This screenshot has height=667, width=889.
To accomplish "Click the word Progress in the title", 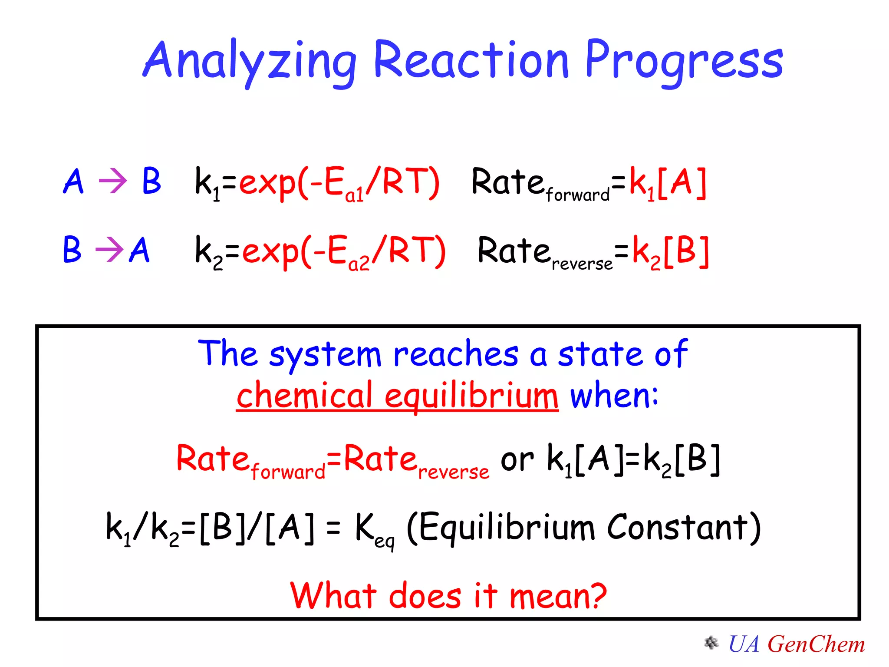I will click(x=684, y=61).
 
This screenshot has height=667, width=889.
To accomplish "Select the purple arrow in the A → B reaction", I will click(x=113, y=181).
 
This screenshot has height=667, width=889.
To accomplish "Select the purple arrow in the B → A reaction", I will click(x=109, y=250).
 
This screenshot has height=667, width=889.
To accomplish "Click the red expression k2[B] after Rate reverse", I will click(x=671, y=252).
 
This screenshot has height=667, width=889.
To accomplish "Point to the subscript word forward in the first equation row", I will click(x=577, y=195).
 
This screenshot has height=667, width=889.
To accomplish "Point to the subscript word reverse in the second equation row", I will click(x=582, y=264).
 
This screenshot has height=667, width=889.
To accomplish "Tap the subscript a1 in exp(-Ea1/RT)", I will click(x=354, y=196).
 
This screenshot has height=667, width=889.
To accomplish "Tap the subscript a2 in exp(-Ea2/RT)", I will click(x=359, y=264).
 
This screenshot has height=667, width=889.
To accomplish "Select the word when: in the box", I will click(x=614, y=395).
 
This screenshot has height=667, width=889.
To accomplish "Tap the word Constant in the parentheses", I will click(x=677, y=528).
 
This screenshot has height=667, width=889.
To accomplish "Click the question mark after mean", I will click(x=595, y=596).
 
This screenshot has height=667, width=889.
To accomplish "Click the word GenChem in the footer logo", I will click(x=816, y=644).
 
